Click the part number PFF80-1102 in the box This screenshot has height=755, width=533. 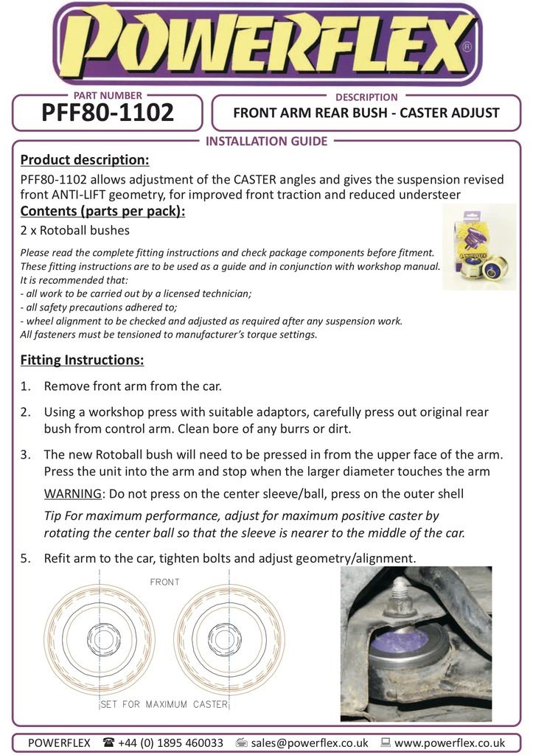coord(108,113)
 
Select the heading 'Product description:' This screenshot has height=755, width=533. coord(84,160)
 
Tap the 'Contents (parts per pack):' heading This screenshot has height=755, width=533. coord(102,212)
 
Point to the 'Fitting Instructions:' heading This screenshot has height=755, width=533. coord(82,361)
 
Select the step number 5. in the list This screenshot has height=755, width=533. coord(26,558)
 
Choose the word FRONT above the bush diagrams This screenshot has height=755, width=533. coord(164,582)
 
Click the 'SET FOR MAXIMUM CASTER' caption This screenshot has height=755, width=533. coord(164,704)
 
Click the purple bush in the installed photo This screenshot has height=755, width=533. coord(404,644)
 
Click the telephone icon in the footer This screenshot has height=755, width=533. coord(108,742)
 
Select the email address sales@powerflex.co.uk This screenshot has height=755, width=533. coord(310,742)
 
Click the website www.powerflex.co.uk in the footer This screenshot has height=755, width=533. coord(450,742)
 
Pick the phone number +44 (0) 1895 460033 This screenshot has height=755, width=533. coord(170,742)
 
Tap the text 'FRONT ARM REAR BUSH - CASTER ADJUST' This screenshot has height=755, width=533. coord(366,114)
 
